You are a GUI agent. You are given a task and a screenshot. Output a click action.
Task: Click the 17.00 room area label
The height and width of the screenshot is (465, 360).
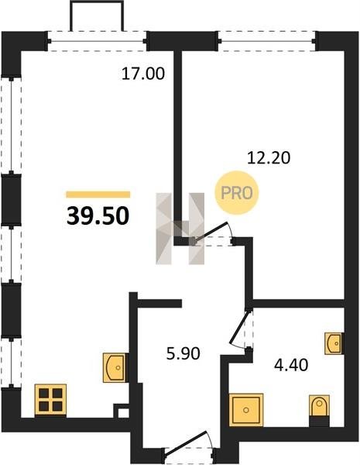point(142,74)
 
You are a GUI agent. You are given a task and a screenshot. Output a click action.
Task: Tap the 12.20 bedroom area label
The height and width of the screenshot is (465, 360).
point(269,158)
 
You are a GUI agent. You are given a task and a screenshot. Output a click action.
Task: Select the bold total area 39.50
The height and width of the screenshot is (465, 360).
point(98,216)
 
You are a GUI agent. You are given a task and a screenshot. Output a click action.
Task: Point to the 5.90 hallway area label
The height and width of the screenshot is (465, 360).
point(183,353)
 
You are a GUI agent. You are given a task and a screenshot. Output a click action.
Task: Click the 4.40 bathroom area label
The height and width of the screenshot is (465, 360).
point(291,365)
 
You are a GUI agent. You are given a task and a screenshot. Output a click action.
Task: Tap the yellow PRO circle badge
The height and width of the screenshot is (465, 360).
point(237,193)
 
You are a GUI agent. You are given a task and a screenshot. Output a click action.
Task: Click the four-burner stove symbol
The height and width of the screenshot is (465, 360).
point(50,400)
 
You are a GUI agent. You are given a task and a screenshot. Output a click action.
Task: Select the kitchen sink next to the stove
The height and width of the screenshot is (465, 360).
point(115,367)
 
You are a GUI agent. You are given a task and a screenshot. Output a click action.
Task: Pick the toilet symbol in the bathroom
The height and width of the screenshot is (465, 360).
point(319,405)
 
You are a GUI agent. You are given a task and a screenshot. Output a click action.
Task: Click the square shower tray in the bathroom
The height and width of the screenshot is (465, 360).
point(246,410)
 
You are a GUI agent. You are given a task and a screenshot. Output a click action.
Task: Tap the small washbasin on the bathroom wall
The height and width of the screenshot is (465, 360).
point(334,343)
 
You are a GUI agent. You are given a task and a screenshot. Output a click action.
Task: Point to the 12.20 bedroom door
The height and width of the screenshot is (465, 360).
point(212,232)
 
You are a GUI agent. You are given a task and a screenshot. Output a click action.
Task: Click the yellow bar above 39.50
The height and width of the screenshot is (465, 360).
point(98,195)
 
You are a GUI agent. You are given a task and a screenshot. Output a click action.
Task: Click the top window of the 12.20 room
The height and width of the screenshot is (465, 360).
point(266,41)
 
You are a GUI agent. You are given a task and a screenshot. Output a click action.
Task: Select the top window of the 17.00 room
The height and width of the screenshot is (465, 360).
point(97,41)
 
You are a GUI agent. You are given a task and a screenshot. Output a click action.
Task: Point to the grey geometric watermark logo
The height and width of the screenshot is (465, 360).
point(180,229)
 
